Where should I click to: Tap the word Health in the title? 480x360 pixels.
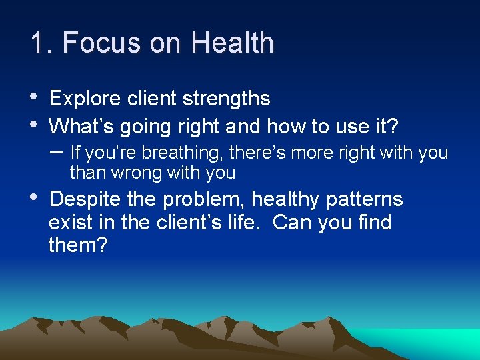tap(232, 43)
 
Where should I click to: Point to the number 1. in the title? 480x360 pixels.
tap(42, 43)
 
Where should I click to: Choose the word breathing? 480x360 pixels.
tap(186, 153)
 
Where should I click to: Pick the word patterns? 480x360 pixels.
tap(365, 199)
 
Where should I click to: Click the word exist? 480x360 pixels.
tap(69, 222)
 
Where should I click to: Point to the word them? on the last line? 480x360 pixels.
tap(77, 245)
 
